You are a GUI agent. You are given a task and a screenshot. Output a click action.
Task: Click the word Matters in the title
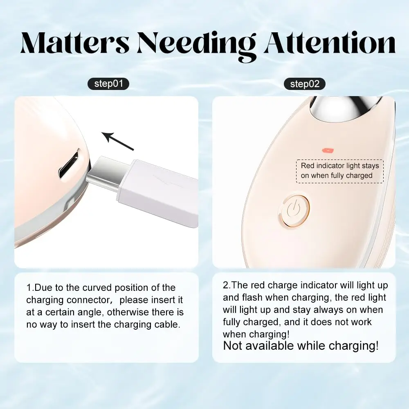click(x=75, y=43)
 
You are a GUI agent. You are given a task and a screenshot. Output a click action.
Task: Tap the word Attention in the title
click(x=330, y=43)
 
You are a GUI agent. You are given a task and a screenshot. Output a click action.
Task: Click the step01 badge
click(x=108, y=84)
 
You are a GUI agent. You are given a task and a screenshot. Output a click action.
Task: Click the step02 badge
click(x=305, y=84)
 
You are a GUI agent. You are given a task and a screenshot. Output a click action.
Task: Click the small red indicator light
click(x=328, y=151)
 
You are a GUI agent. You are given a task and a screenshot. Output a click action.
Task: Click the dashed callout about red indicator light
click(x=340, y=171)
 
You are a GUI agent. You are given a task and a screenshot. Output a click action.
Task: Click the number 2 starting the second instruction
click(x=226, y=285)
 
